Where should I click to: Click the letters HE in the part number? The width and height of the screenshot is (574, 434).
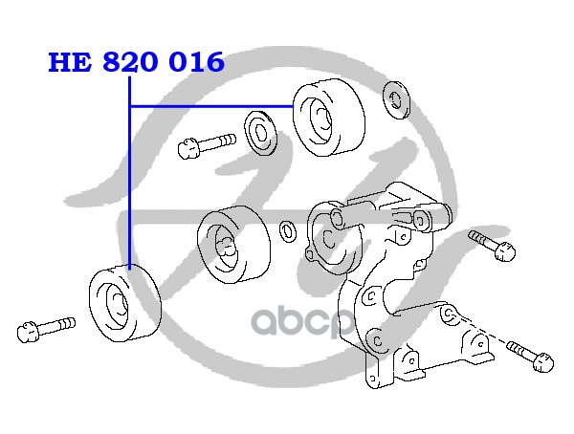71,63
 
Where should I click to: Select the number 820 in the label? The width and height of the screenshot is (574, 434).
135,63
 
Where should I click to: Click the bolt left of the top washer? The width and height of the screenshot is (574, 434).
205,144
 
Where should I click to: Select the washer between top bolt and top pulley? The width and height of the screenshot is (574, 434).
260,131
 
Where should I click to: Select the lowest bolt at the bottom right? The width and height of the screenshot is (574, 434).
532,355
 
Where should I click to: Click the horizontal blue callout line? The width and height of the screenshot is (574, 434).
210,105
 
